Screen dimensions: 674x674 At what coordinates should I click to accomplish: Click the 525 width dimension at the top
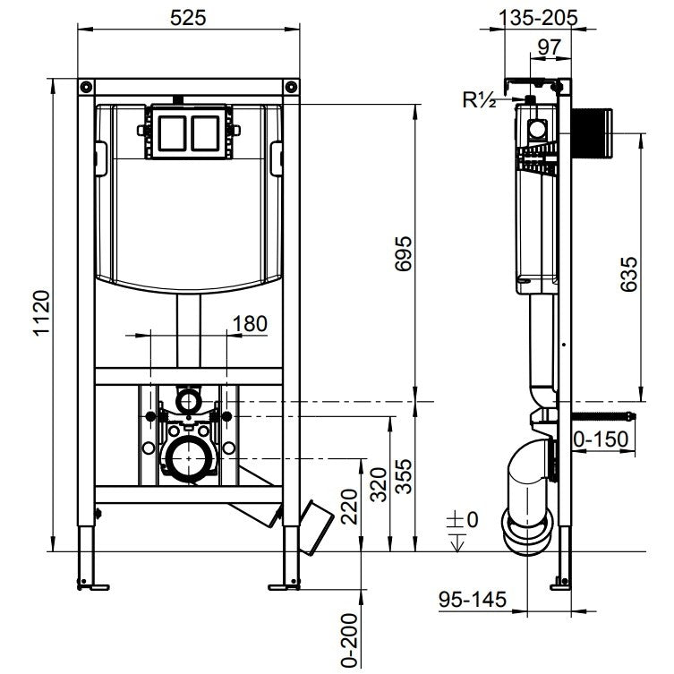tap(189, 16)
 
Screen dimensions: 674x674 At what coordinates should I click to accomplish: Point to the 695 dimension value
tap(404, 255)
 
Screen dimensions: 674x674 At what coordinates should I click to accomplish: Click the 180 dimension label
tap(249, 323)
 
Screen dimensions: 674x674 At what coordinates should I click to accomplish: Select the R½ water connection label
tap(480, 99)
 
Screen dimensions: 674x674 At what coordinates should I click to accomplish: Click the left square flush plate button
tap(170, 132)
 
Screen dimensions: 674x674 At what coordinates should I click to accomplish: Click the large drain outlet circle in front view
tap(189, 459)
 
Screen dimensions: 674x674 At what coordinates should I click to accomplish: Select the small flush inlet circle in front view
tap(189, 397)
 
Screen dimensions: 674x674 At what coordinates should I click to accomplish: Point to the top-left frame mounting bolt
tap(86, 87)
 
